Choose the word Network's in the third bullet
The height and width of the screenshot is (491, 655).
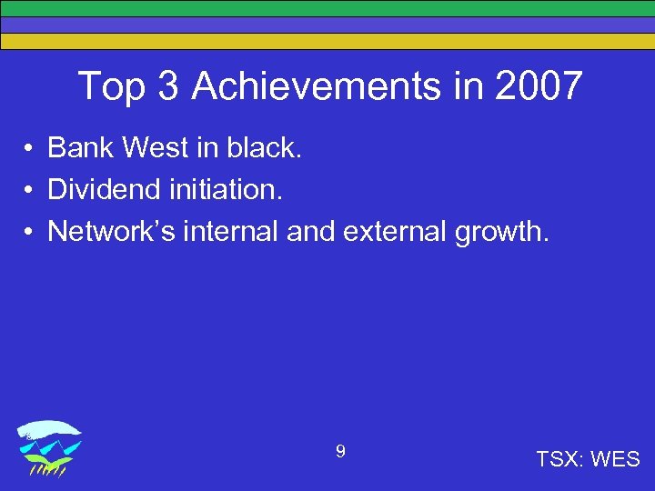[111, 232]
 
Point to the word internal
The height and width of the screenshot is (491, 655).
[231, 232]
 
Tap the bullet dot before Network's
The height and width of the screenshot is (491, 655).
[30, 233]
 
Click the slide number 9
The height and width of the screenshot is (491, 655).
[340, 451]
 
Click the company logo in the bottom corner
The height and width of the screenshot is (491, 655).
[51, 448]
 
